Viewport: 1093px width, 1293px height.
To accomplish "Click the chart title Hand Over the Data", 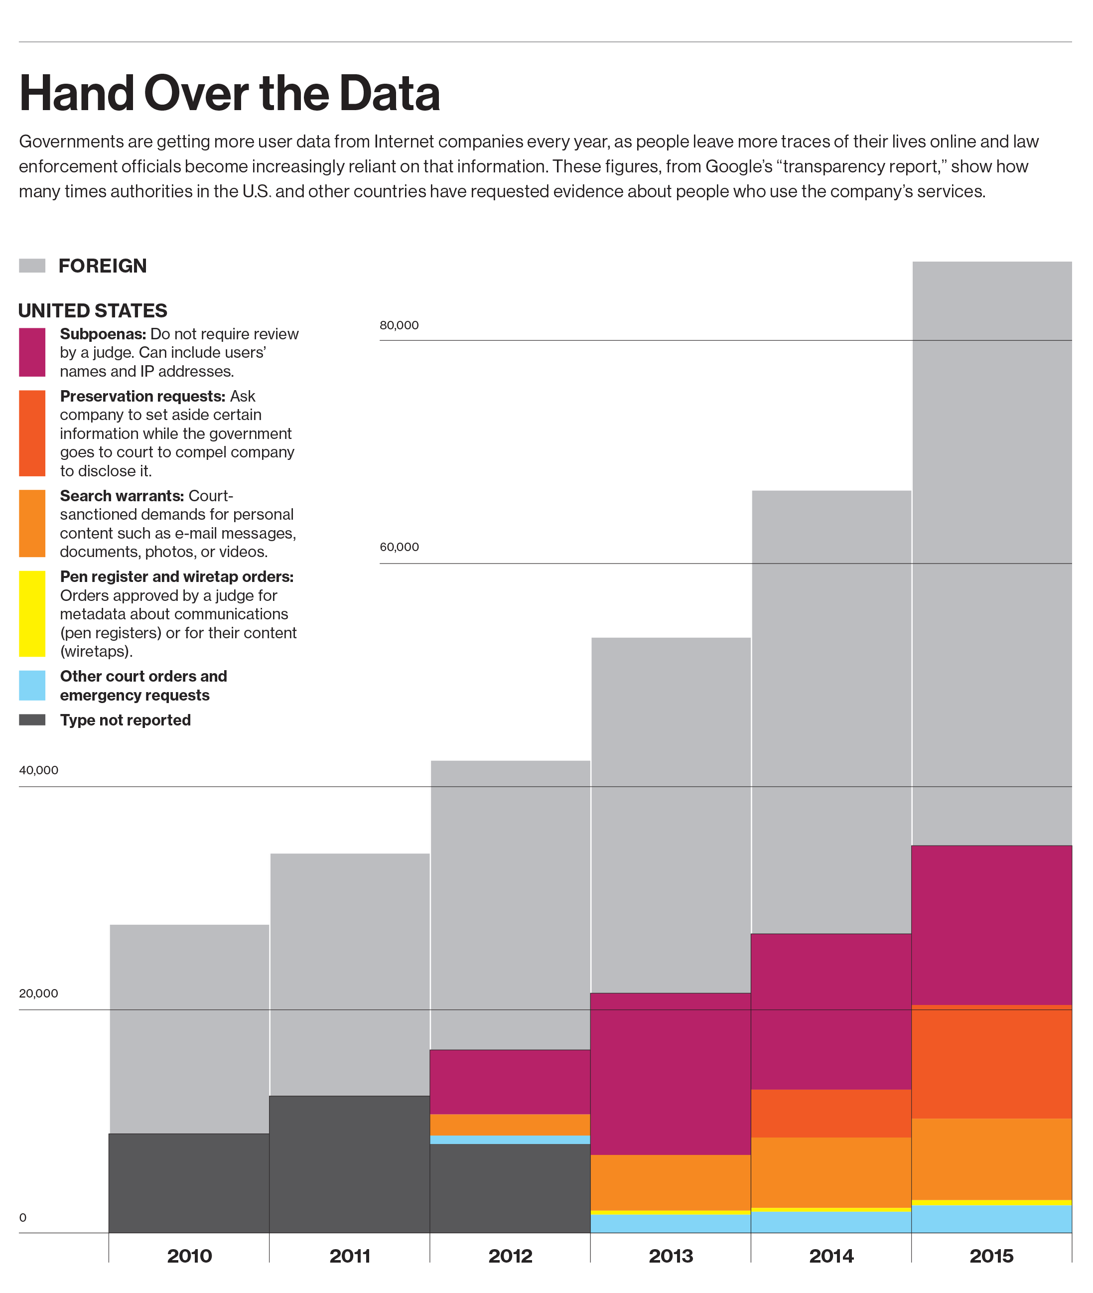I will click(229, 93).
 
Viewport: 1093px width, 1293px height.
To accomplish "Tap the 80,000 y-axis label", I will click(399, 325).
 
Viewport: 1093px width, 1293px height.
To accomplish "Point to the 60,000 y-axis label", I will click(399, 547).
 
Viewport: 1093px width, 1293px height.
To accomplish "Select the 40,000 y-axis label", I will click(38, 770).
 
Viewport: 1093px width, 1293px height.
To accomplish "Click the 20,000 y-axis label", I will click(38, 993).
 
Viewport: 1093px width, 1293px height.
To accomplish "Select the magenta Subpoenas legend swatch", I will click(32, 352).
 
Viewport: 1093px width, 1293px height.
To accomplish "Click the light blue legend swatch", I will click(32, 685).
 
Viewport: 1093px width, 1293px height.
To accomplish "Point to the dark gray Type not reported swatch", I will click(32, 719).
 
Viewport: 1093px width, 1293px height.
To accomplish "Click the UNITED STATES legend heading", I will click(93, 310).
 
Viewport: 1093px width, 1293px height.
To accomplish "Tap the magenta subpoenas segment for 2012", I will click(510, 1082).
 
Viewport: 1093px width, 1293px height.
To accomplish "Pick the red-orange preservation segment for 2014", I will click(831, 1113).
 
